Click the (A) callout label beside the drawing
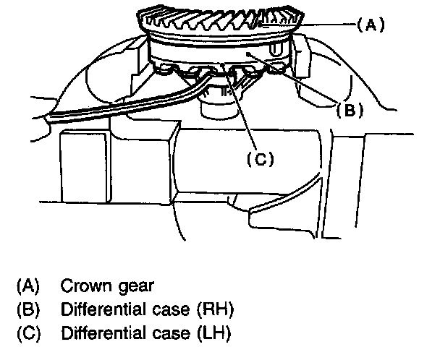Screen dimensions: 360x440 point(370,24)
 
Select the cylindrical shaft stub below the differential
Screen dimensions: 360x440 point(217,108)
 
